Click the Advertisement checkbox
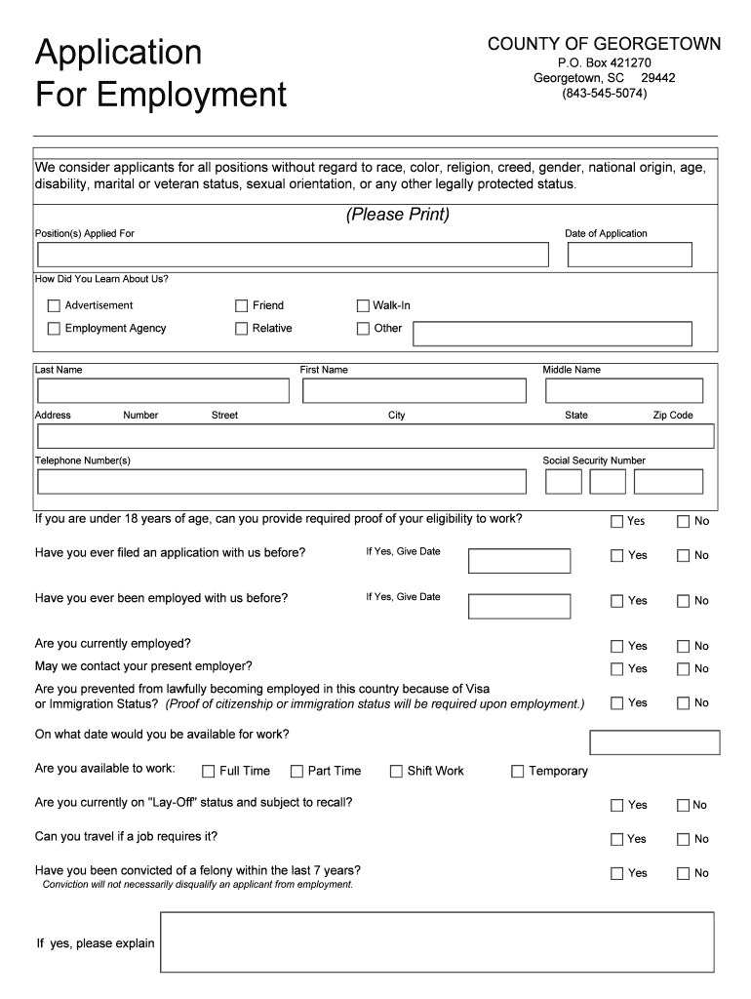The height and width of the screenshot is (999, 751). [x=54, y=305]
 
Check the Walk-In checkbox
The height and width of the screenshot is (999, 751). [x=363, y=305]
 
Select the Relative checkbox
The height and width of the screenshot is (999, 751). [x=241, y=329]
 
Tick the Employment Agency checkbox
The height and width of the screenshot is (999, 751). [x=54, y=329]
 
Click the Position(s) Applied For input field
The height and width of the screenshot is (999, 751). [x=293, y=255]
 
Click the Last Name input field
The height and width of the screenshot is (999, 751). [x=163, y=390]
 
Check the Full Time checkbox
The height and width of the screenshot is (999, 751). [x=208, y=772]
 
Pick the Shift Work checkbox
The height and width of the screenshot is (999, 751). [x=396, y=772]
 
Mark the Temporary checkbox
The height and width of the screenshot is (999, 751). [x=518, y=772]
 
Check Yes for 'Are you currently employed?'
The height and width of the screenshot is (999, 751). [x=616, y=646]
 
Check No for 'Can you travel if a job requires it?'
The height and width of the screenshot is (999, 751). [x=683, y=839]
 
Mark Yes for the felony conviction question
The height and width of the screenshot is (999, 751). [x=616, y=873]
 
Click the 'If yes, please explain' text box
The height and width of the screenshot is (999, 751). [x=437, y=942]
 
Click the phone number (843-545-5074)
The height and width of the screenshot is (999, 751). [x=604, y=94]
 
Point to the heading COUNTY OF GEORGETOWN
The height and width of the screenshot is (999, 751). [x=604, y=44]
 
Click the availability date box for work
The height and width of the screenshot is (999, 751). [x=654, y=742]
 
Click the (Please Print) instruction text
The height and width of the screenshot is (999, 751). [x=397, y=215]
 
